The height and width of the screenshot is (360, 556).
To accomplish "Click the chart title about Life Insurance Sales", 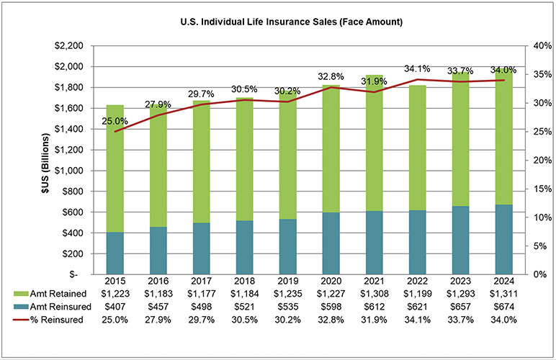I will (x=278, y=22).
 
